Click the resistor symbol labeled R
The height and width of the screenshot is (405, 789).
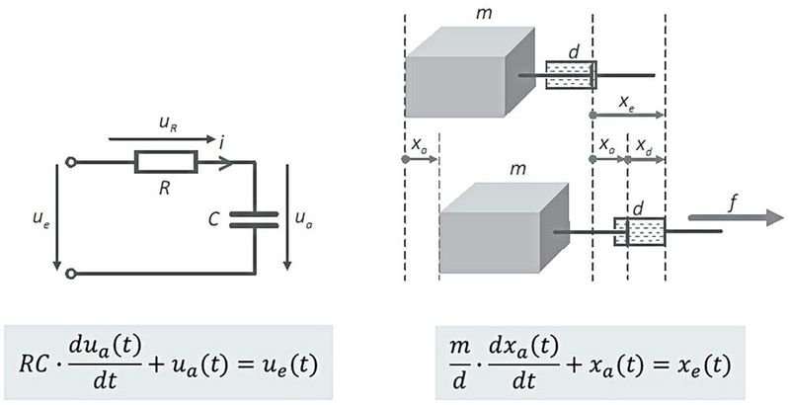click(x=166, y=162)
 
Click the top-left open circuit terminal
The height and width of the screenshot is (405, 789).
click(x=69, y=162)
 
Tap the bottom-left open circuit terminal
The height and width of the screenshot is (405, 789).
click(x=69, y=274)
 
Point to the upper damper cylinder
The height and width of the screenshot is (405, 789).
click(x=571, y=75)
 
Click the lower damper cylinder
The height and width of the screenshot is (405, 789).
click(x=640, y=232)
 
